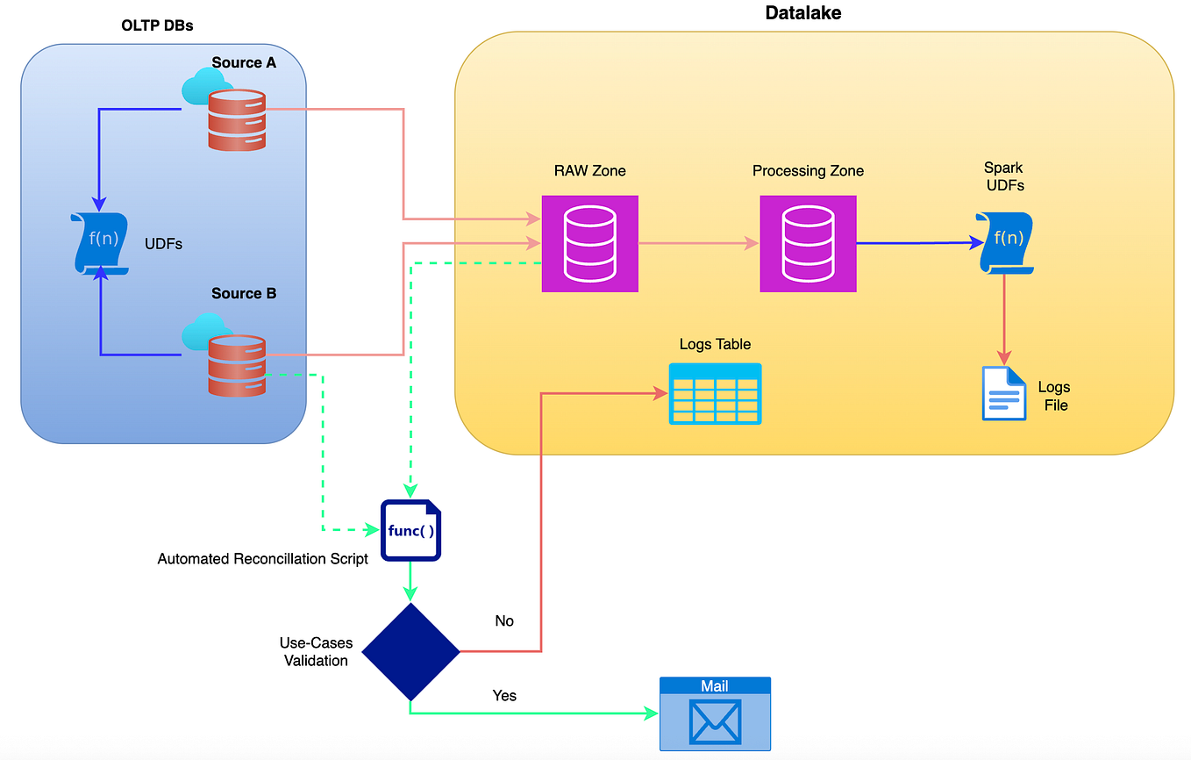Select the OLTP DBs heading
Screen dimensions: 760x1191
(157, 25)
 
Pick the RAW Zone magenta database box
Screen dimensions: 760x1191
(589, 244)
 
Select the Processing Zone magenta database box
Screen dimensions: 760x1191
(808, 244)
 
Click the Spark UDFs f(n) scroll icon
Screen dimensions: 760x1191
(1005, 243)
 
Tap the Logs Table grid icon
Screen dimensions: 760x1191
(715, 394)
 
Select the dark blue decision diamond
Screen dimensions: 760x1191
(410, 651)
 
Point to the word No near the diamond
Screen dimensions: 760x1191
(504, 621)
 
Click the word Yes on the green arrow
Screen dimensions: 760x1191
(504, 696)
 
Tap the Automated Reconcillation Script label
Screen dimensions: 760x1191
(262, 559)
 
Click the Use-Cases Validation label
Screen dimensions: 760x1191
(316, 652)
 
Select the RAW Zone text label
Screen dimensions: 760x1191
(589, 171)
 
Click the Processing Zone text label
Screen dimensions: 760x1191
(808, 171)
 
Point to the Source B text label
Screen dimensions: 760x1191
(244, 293)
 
